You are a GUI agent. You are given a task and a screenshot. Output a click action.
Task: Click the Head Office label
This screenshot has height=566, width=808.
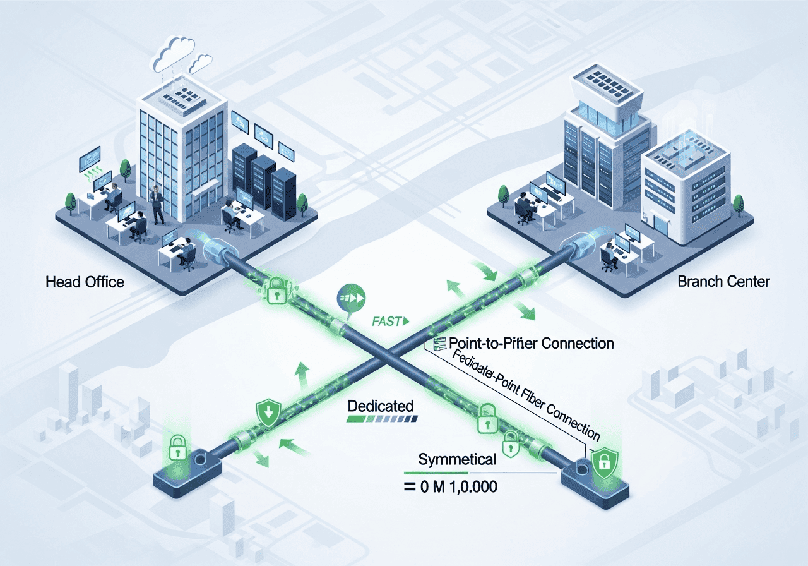[x=85, y=282]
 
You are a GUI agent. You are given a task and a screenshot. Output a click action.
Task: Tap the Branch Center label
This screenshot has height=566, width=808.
[x=723, y=281]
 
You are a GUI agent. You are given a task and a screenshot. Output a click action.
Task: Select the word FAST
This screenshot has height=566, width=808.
[x=386, y=321]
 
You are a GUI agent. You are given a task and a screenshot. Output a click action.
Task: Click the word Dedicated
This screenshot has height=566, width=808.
[x=381, y=406]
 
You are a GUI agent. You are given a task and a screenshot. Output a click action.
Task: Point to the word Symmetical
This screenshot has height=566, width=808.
[x=458, y=459]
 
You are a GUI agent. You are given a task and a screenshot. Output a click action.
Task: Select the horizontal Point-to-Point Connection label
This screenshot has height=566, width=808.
[x=530, y=343]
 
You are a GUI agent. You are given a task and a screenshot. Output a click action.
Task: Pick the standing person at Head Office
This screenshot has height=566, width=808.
[x=157, y=204]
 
